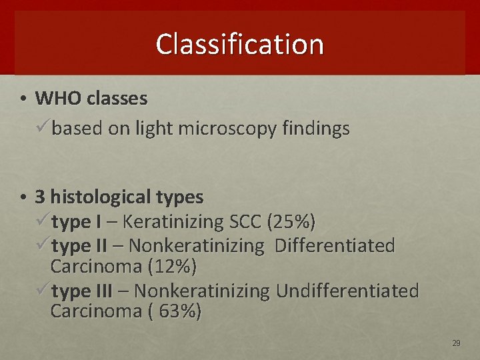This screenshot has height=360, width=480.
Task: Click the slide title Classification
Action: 239,44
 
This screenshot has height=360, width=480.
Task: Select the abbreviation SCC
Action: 243,221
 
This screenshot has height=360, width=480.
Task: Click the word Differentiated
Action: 335,245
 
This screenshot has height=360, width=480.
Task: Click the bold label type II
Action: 79,245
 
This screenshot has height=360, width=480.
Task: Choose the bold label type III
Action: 82,291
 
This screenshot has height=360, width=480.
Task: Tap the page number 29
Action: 456,343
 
